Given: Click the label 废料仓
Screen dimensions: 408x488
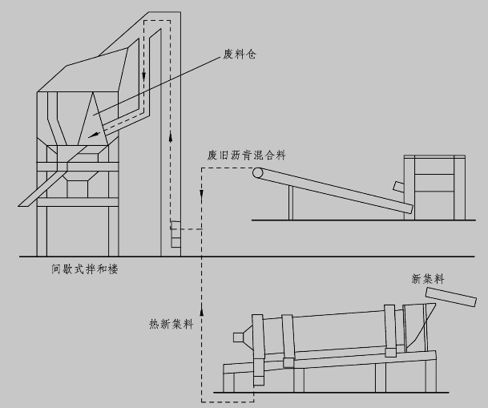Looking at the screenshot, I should coord(239,57).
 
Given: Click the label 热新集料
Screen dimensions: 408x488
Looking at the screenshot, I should coord(171,325).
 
